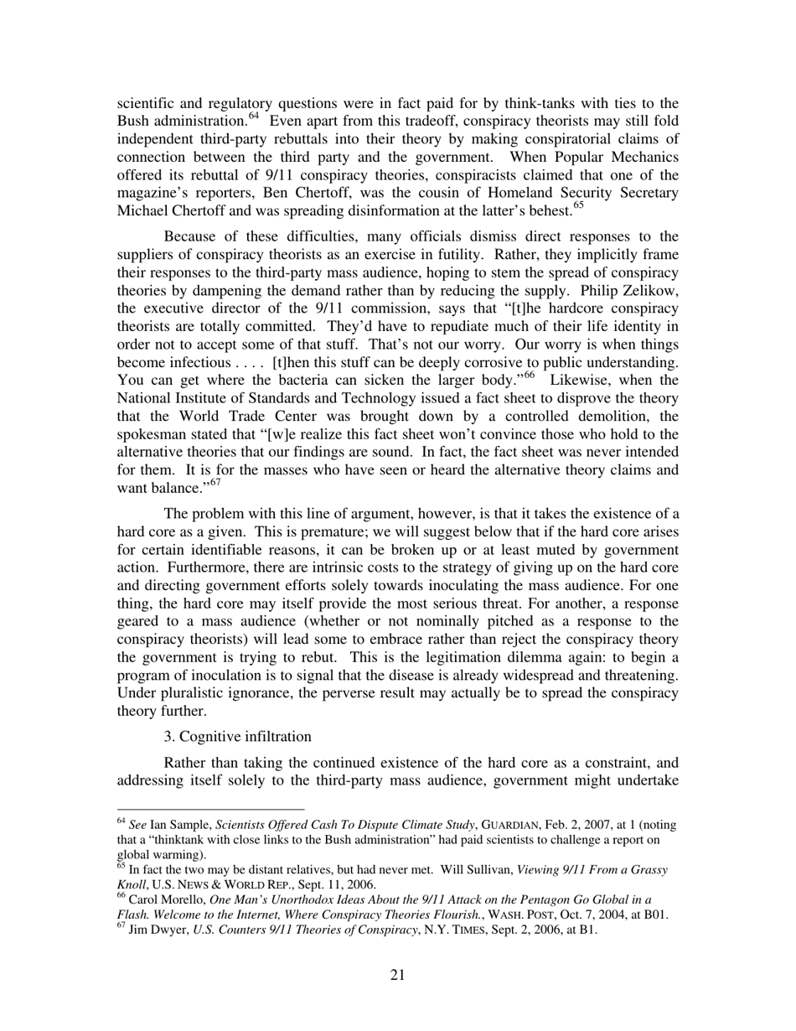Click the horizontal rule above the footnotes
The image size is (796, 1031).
tap(209, 810)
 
